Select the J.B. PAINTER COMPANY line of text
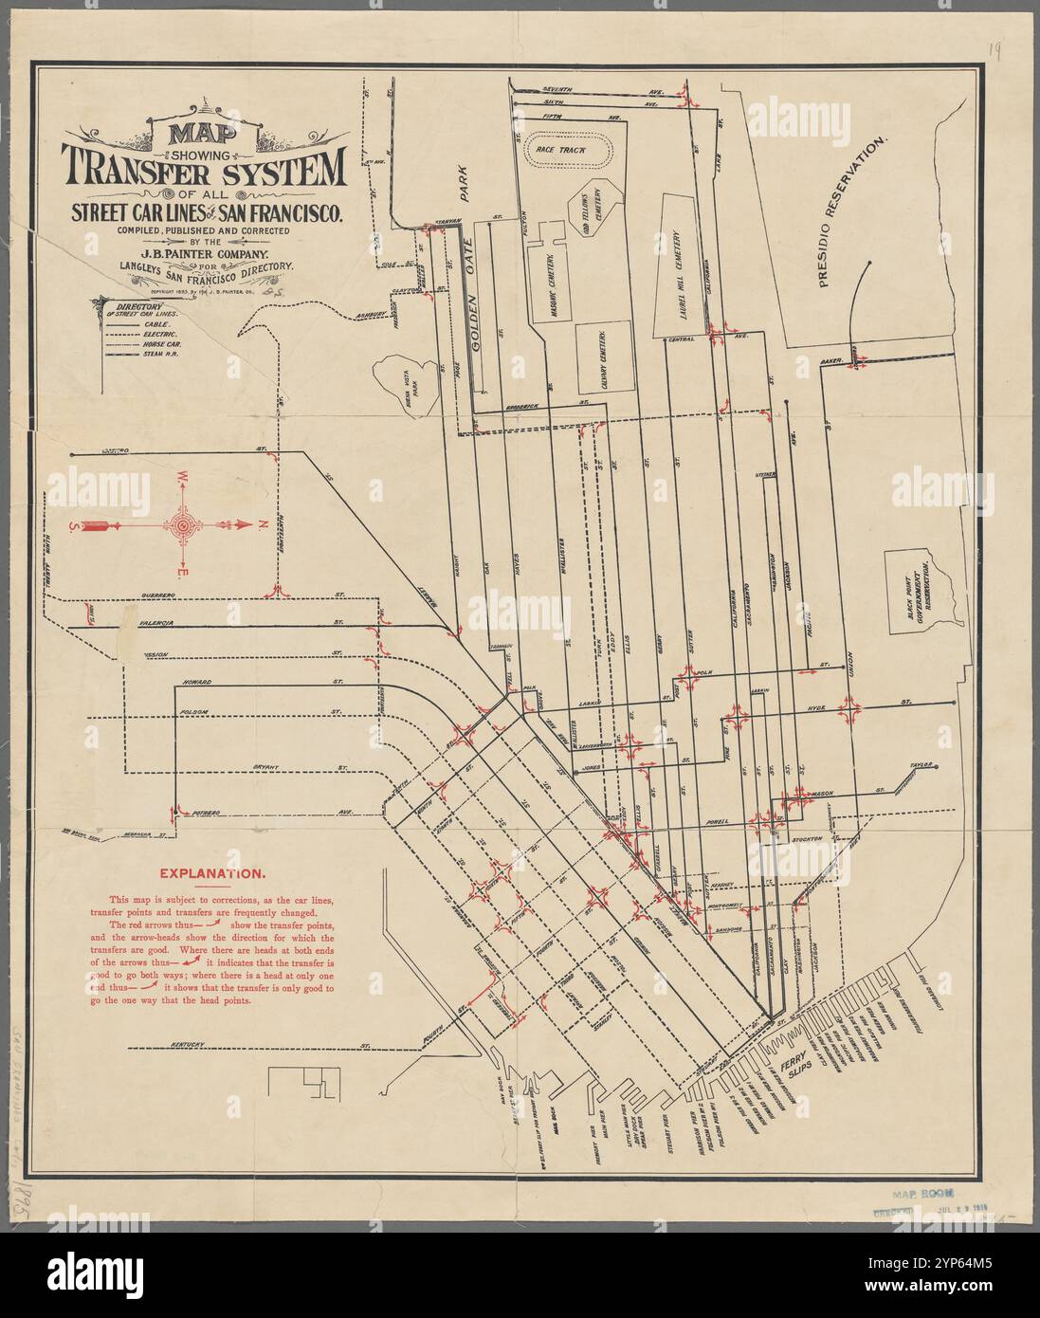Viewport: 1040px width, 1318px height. pos(203,254)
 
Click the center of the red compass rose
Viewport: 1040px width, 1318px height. pos(180,523)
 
